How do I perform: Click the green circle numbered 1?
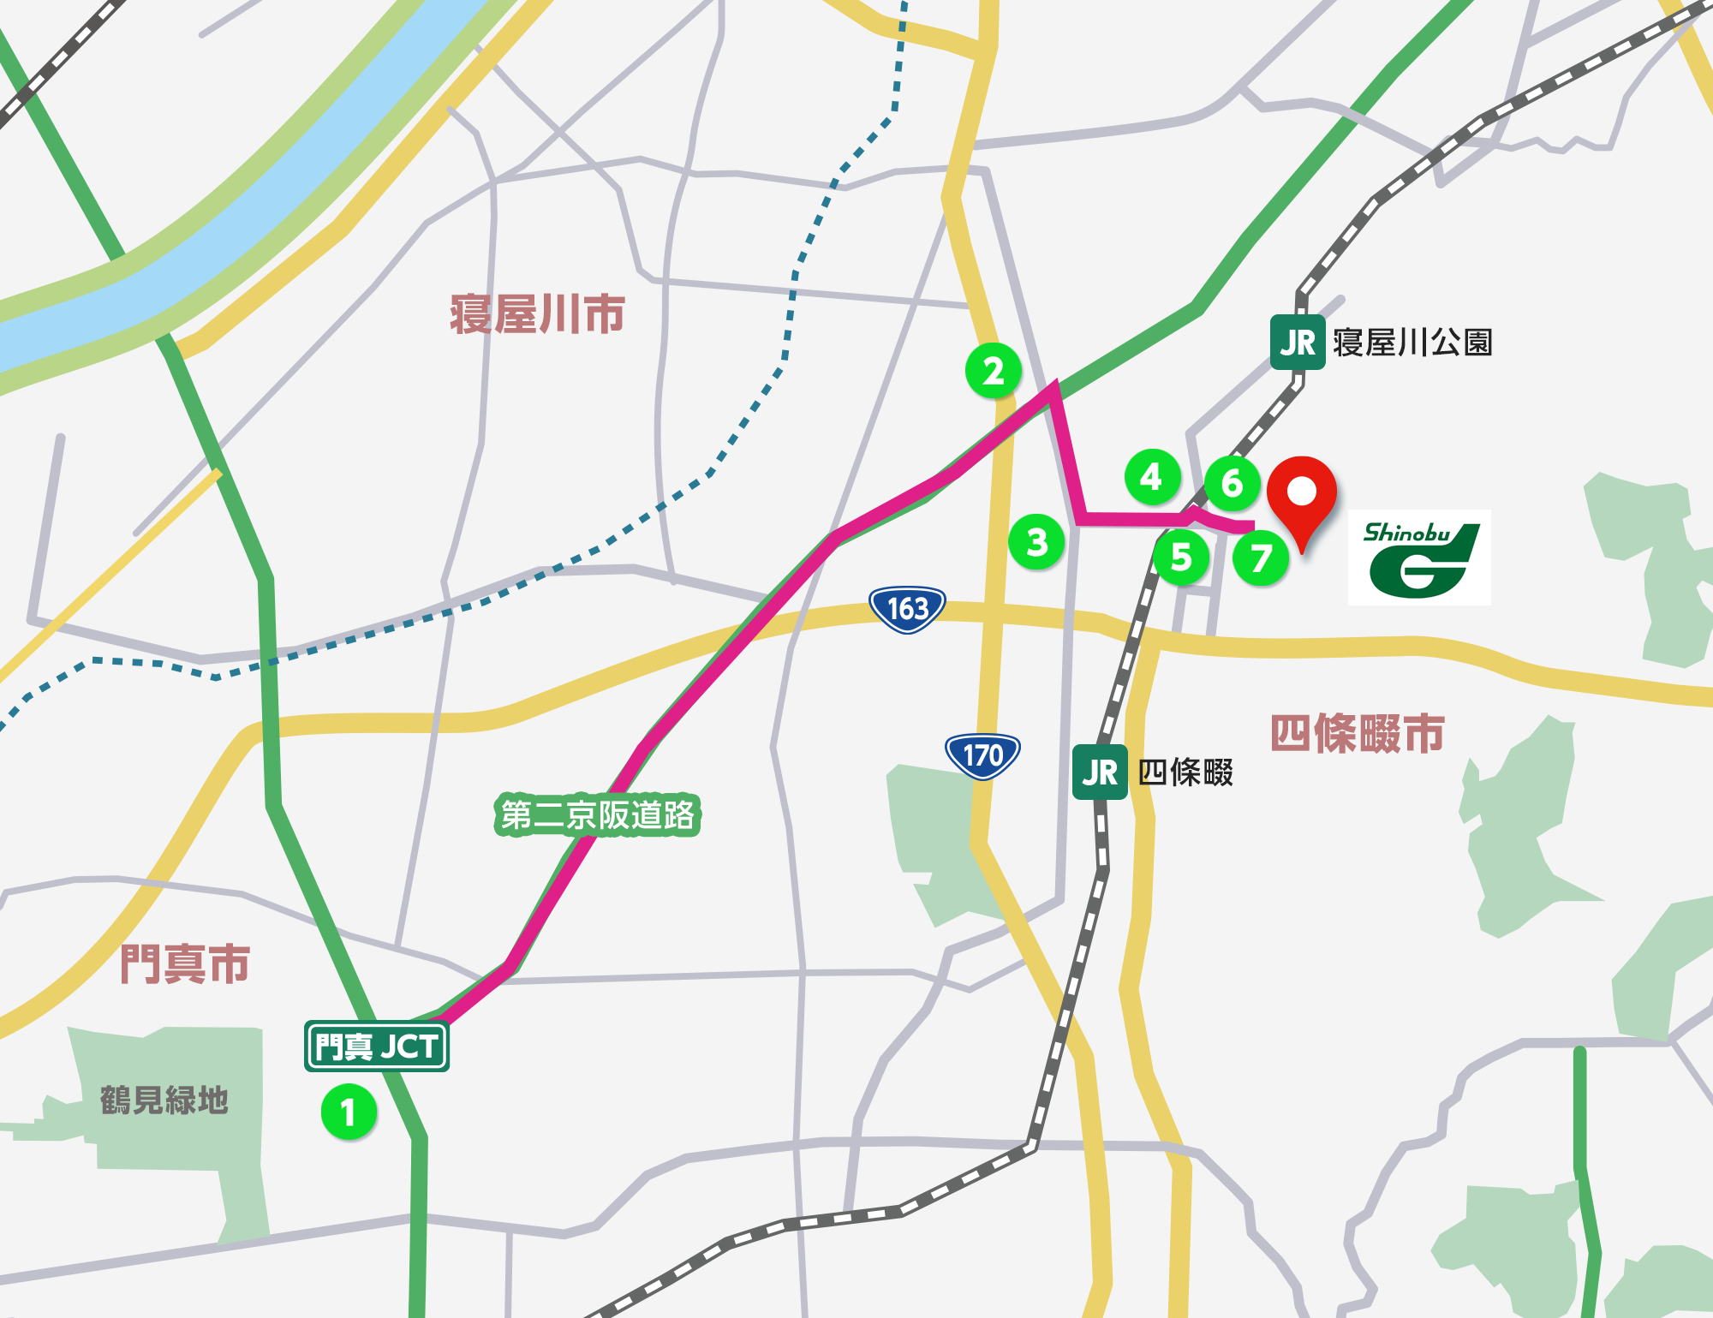pyautogui.click(x=349, y=1112)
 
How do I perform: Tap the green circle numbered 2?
pyautogui.click(x=993, y=371)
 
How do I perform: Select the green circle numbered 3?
pyautogui.click(x=1036, y=541)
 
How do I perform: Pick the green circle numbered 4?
pyautogui.click(x=1152, y=476)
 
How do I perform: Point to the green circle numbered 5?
pyautogui.click(x=1181, y=558)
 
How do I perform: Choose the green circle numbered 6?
pyautogui.click(x=1232, y=483)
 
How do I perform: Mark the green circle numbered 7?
pyautogui.click(x=1260, y=558)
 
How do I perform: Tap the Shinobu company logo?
pyautogui.click(x=1419, y=558)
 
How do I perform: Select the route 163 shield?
pyautogui.click(x=907, y=609)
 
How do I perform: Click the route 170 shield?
pyautogui.click(x=982, y=755)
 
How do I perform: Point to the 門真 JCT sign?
pyautogui.click(x=377, y=1046)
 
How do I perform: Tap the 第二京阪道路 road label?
pyautogui.click(x=598, y=814)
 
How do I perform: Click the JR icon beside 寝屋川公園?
pyautogui.click(x=1297, y=343)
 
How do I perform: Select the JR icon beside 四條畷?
pyautogui.click(x=1100, y=772)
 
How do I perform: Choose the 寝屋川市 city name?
pyautogui.click(x=537, y=314)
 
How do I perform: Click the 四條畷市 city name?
pyautogui.click(x=1357, y=734)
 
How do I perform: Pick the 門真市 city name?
pyautogui.click(x=185, y=963)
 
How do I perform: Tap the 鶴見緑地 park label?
pyautogui.click(x=164, y=1100)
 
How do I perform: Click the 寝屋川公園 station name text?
pyautogui.click(x=1412, y=343)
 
